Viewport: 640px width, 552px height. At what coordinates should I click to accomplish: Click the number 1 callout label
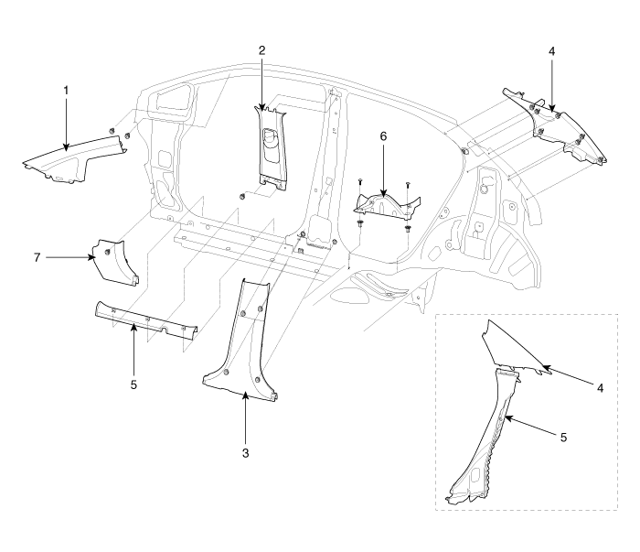point(65,92)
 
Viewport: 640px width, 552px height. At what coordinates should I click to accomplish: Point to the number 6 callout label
point(384,135)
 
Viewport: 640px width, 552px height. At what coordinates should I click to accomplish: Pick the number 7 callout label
point(37,258)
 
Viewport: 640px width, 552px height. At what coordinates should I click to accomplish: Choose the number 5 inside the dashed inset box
point(563,438)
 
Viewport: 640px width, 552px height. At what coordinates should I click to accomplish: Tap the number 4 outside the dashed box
point(553,52)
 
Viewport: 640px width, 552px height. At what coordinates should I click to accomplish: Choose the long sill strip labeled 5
point(146,320)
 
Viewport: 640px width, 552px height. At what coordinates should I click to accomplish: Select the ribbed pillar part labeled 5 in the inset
point(485,430)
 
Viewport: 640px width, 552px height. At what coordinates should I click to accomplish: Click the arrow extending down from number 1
point(65,124)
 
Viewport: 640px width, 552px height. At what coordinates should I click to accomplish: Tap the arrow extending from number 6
point(384,169)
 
